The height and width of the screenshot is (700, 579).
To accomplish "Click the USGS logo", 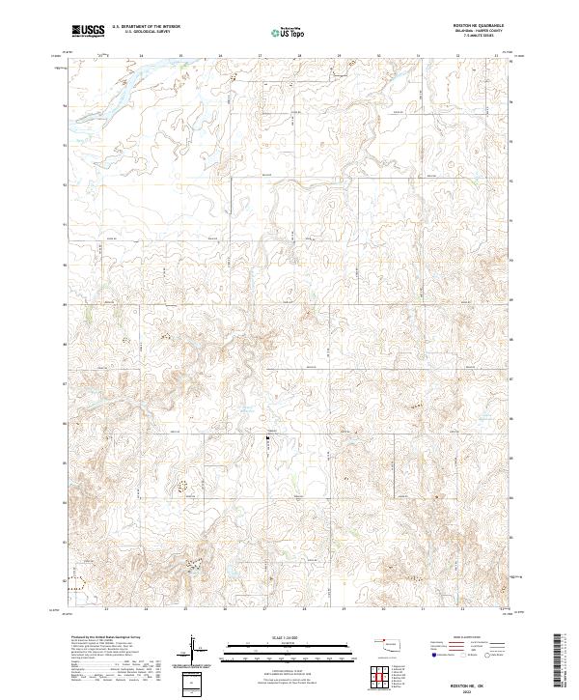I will tap(88, 31).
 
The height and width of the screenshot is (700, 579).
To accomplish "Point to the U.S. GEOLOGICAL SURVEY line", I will tap(142, 32).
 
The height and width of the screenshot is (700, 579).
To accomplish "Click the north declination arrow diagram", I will tap(194, 650).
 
